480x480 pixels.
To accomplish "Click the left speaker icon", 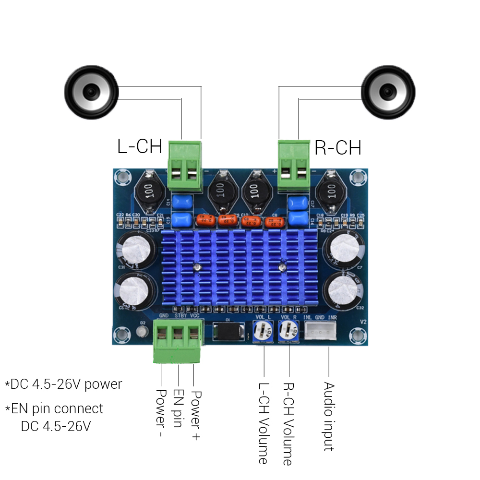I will (91, 92).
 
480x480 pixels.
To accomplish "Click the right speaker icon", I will (388, 92).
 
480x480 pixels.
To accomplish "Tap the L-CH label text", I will (140, 146).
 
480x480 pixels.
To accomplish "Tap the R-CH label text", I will (337, 148).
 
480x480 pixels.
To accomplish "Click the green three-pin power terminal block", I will (178, 340).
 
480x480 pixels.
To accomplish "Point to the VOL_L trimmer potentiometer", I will (263, 331).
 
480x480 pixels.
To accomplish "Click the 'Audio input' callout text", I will (329, 416).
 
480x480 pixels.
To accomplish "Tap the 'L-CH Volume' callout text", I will (263, 423).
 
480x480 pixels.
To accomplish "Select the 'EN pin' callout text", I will (178, 408).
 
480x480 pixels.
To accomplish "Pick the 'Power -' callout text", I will (161, 413).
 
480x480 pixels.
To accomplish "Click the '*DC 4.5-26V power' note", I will (63, 384).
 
